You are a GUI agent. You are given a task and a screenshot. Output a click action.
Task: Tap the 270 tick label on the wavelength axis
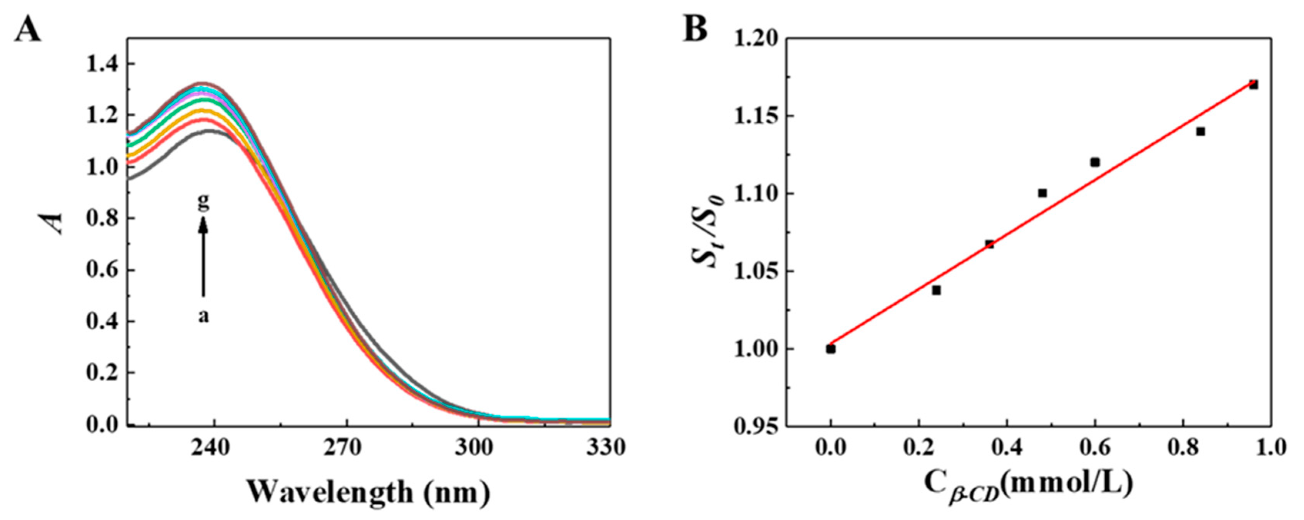coord(346,448)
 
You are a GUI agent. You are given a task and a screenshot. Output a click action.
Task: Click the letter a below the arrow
coord(203,317)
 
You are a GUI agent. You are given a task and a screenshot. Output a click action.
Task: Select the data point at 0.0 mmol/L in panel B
coord(831,349)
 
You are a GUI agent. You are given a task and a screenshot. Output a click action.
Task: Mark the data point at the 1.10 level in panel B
coord(1042,193)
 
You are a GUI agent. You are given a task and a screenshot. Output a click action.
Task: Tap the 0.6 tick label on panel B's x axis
coord(1094,448)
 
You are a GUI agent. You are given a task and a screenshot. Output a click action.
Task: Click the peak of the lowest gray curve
coord(208,131)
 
